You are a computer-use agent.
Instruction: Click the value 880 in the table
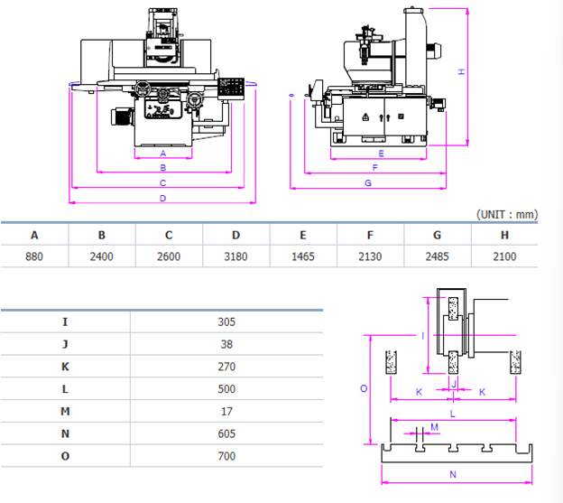34,256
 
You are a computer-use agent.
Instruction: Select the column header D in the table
235,235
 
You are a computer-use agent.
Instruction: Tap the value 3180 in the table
235,256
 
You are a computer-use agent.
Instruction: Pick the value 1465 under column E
303,256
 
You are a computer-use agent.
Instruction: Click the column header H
504,235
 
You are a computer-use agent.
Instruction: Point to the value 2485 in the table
438,256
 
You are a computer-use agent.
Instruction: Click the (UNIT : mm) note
506,214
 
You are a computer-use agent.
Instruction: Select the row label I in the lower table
65,321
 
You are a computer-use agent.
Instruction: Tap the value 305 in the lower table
226,321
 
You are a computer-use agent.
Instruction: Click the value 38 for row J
226,344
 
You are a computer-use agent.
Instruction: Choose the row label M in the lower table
65,411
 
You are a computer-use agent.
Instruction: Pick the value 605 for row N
226,433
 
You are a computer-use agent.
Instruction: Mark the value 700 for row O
226,456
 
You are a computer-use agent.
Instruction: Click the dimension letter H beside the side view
461,71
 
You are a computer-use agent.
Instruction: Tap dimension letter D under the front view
162,197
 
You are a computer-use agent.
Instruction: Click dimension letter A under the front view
162,154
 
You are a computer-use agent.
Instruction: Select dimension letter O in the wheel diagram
363,388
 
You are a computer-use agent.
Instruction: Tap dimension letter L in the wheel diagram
452,412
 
